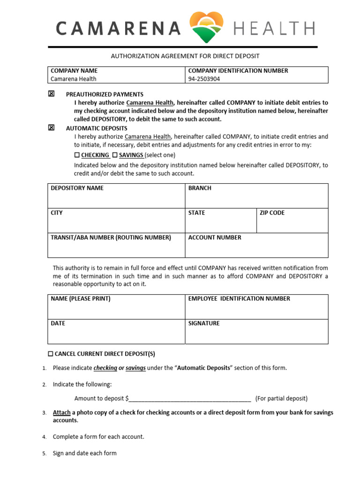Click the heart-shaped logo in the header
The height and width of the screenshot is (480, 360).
206,28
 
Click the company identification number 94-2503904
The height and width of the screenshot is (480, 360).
204,79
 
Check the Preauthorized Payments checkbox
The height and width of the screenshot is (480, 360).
51,94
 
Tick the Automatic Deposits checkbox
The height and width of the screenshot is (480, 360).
51,127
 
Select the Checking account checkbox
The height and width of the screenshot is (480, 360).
77,155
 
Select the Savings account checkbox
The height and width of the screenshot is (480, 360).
115,155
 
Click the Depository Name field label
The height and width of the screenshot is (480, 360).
77,188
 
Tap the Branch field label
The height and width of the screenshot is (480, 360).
200,188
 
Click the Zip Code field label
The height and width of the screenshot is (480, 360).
272,213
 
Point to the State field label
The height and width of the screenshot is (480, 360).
196,213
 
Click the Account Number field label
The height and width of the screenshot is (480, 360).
215,238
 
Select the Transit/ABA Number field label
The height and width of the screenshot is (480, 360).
111,238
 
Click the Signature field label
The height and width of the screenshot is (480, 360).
204,323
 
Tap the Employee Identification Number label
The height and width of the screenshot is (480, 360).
239,299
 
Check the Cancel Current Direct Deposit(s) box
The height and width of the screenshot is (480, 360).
51,353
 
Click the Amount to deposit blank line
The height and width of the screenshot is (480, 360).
190,399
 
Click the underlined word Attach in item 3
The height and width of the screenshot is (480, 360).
61,412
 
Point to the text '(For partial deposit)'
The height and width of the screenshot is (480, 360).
281,398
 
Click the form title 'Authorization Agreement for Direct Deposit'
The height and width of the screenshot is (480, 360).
185,56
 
